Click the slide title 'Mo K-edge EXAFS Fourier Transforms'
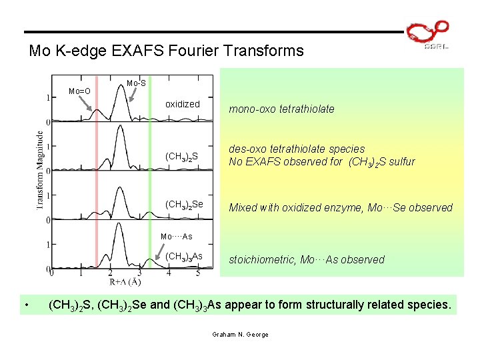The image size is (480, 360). coord(166,51)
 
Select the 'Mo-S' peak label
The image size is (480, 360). coord(136,83)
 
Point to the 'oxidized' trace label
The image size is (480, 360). coord(182,104)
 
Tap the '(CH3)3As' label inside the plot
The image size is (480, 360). coord(183,257)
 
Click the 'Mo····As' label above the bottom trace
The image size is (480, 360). coord(177,237)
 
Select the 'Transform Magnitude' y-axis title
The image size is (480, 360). coord(39,170)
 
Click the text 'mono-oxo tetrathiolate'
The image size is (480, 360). coord(281,109)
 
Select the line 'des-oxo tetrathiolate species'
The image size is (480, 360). coord(297,149)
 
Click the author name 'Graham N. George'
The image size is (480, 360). coord(239,334)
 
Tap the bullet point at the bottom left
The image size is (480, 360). coord(25,306)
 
